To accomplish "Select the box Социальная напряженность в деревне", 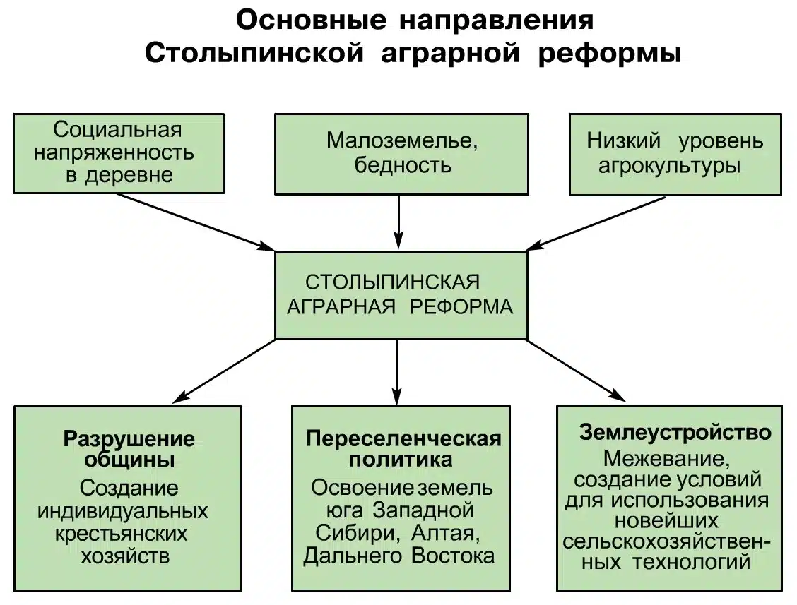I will (x=119, y=152).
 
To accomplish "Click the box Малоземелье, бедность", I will (x=401, y=153).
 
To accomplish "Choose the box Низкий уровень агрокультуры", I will (x=675, y=153).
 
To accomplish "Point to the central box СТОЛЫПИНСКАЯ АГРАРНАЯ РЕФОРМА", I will (x=401, y=295).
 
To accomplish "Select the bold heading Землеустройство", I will (x=674, y=431).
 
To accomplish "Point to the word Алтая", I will (x=451, y=532).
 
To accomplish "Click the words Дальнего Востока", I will (x=398, y=556).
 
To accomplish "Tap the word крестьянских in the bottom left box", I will (x=122, y=533).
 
